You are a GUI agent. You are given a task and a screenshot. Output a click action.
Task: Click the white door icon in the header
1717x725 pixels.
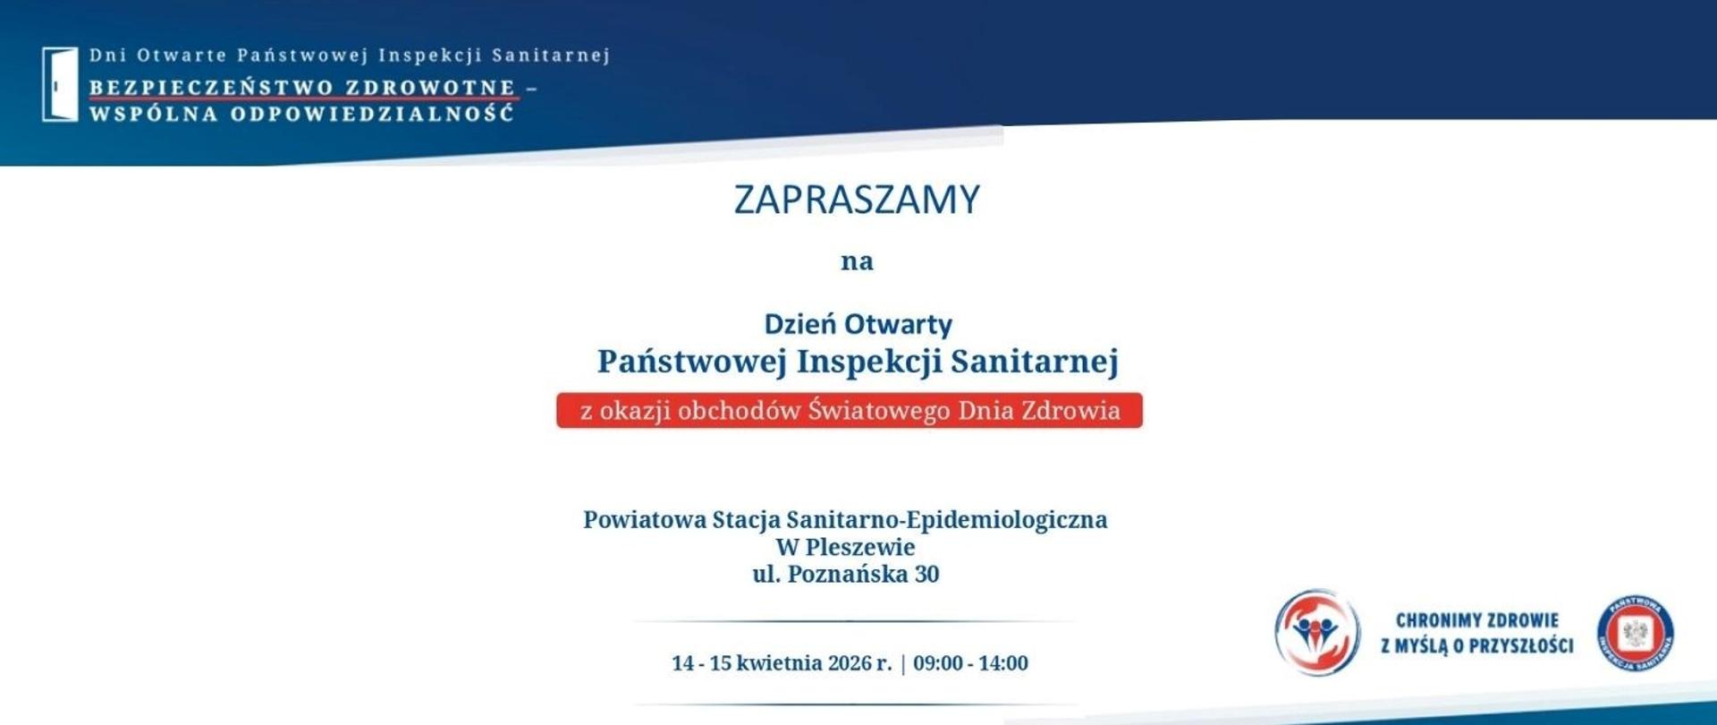tap(60, 83)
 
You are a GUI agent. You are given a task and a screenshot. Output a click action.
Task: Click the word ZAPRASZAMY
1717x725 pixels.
tap(857, 200)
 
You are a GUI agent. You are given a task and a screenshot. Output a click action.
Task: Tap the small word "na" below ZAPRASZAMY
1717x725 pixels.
tap(857, 261)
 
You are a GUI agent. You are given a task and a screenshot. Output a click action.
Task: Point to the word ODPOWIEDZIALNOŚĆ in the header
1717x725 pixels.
tap(372, 115)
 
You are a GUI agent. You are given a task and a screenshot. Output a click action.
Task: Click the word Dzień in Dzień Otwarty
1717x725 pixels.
tap(799, 324)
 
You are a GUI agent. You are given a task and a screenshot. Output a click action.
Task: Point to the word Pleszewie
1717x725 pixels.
tap(859, 547)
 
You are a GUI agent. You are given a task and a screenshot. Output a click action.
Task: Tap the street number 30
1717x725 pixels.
tap(926, 575)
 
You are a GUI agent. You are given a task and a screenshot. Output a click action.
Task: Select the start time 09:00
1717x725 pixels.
tap(938, 663)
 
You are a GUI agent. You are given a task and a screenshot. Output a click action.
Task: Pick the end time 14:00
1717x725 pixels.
tap(1003, 663)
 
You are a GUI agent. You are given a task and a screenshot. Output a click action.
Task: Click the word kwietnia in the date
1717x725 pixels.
tap(779, 663)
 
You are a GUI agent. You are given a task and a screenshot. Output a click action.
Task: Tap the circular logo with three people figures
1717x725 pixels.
tap(1316, 632)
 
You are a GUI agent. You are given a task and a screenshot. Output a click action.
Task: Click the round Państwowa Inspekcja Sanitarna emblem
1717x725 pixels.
tap(1636, 633)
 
